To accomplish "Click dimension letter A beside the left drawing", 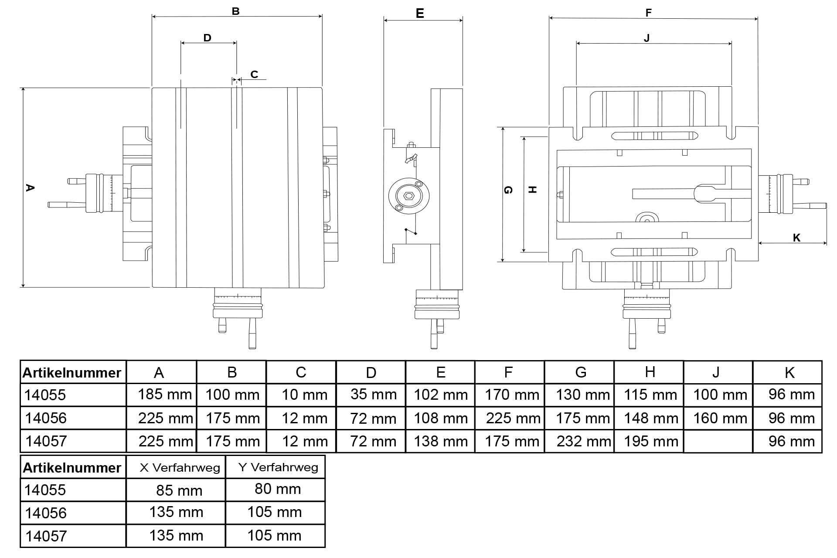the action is [x=30, y=188].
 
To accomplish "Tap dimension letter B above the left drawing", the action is [x=235, y=11].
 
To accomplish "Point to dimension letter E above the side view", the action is [x=420, y=14].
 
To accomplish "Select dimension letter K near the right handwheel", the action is [x=796, y=238].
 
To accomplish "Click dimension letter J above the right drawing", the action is [x=646, y=38].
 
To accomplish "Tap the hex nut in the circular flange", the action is [x=409, y=196].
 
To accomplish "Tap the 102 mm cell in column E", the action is [x=440, y=395].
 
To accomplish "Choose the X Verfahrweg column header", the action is [x=180, y=468].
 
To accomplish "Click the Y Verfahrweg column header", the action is [x=278, y=467].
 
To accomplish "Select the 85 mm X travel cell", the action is [x=179, y=490].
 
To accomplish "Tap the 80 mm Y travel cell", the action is [x=278, y=489].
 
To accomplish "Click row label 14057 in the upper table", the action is [x=46, y=441].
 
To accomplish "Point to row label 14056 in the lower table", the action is [x=46, y=513].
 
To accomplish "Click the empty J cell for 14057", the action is [x=718, y=441].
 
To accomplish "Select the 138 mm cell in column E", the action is [x=440, y=441].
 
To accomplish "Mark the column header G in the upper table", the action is [x=581, y=372].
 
